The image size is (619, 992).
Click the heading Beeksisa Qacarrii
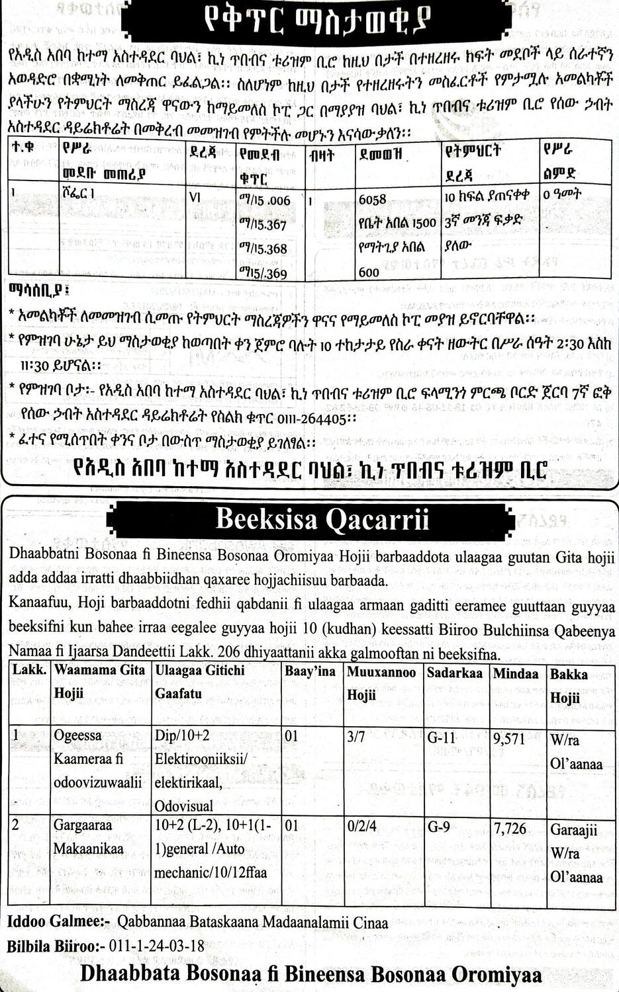(322, 519)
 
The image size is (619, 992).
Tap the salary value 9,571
(509, 738)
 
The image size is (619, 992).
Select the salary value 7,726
(510, 828)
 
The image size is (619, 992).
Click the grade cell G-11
(442, 737)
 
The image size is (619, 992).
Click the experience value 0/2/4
(361, 827)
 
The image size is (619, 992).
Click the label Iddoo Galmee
(56, 922)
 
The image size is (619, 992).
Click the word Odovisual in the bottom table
(184, 806)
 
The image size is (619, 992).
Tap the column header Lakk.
(29, 670)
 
